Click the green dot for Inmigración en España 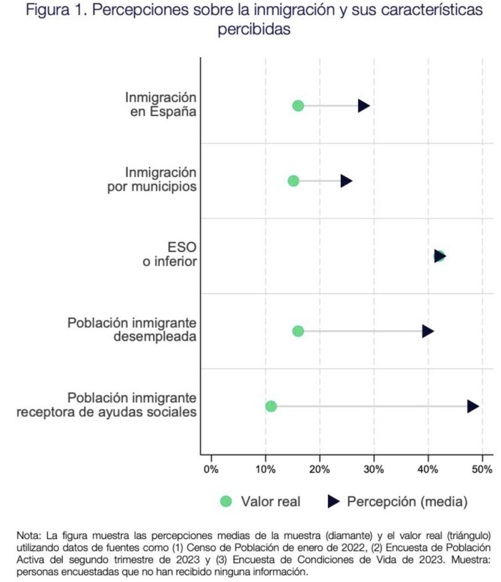(298, 106)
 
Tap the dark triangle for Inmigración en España (363, 106)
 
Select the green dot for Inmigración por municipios (293, 181)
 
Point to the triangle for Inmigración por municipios (346, 181)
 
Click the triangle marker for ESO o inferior (440, 256)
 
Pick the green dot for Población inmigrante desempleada (298, 331)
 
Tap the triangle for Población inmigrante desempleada (428, 331)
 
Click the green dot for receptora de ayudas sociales (271, 406)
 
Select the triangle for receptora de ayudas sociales (473, 406)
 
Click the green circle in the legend (226, 501)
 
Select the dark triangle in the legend (334, 501)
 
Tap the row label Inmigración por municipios (152, 179)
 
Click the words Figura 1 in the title (50, 11)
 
